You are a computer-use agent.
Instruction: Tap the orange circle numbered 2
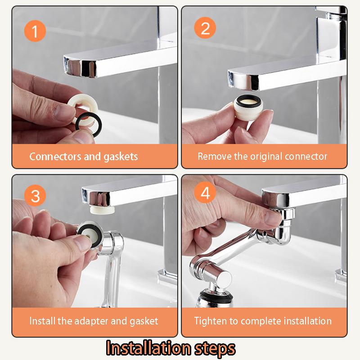click(x=205, y=29)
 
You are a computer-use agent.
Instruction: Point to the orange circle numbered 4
click(x=205, y=194)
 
